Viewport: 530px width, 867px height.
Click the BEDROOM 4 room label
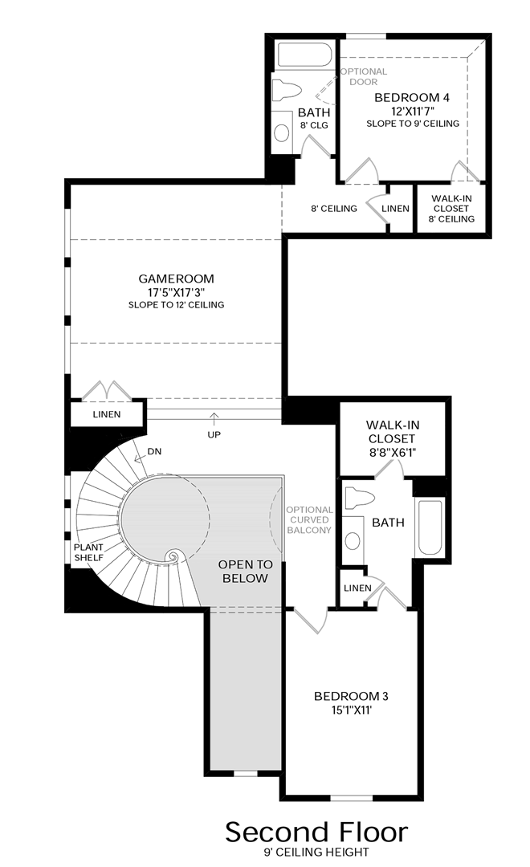pyautogui.click(x=412, y=97)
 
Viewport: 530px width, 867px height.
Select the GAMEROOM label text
pyautogui.click(x=176, y=279)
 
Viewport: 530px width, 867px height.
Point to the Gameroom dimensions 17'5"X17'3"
pyautogui.click(x=176, y=292)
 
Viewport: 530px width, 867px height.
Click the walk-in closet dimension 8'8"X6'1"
pyautogui.click(x=391, y=454)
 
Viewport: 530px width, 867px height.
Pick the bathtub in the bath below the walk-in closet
pyautogui.click(x=429, y=527)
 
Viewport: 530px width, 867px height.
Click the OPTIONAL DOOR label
pyautogui.click(x=364, y=76)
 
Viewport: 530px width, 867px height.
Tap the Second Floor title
pyautogui.click(x=316, y=831)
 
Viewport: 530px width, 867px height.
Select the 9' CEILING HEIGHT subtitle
pyautogui.click(x=316, y=853)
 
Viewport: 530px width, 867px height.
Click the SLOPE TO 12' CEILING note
pyautogui.click(x=176, y=305)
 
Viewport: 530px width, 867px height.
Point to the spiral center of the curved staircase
pyautogui.click(x=171, y=556)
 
